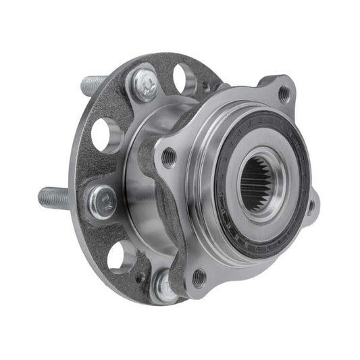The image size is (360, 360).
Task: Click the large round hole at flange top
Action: [x=184, y=76]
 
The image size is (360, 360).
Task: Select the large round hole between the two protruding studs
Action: [x=106, y=134]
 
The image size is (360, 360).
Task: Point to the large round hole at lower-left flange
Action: [x=122, y=257]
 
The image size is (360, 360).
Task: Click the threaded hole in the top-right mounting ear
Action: [x=283, y=95]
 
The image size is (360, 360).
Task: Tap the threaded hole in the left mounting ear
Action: [x=168, y=157]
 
